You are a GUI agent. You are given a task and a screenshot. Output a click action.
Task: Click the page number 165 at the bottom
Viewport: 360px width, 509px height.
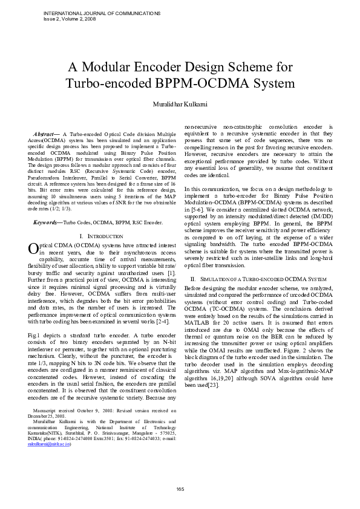pos(180,489)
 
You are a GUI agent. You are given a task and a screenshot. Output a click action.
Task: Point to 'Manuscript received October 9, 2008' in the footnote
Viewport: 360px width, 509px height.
pos(73,410)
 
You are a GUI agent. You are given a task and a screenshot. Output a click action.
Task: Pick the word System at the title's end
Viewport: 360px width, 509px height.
pos(272,83)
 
